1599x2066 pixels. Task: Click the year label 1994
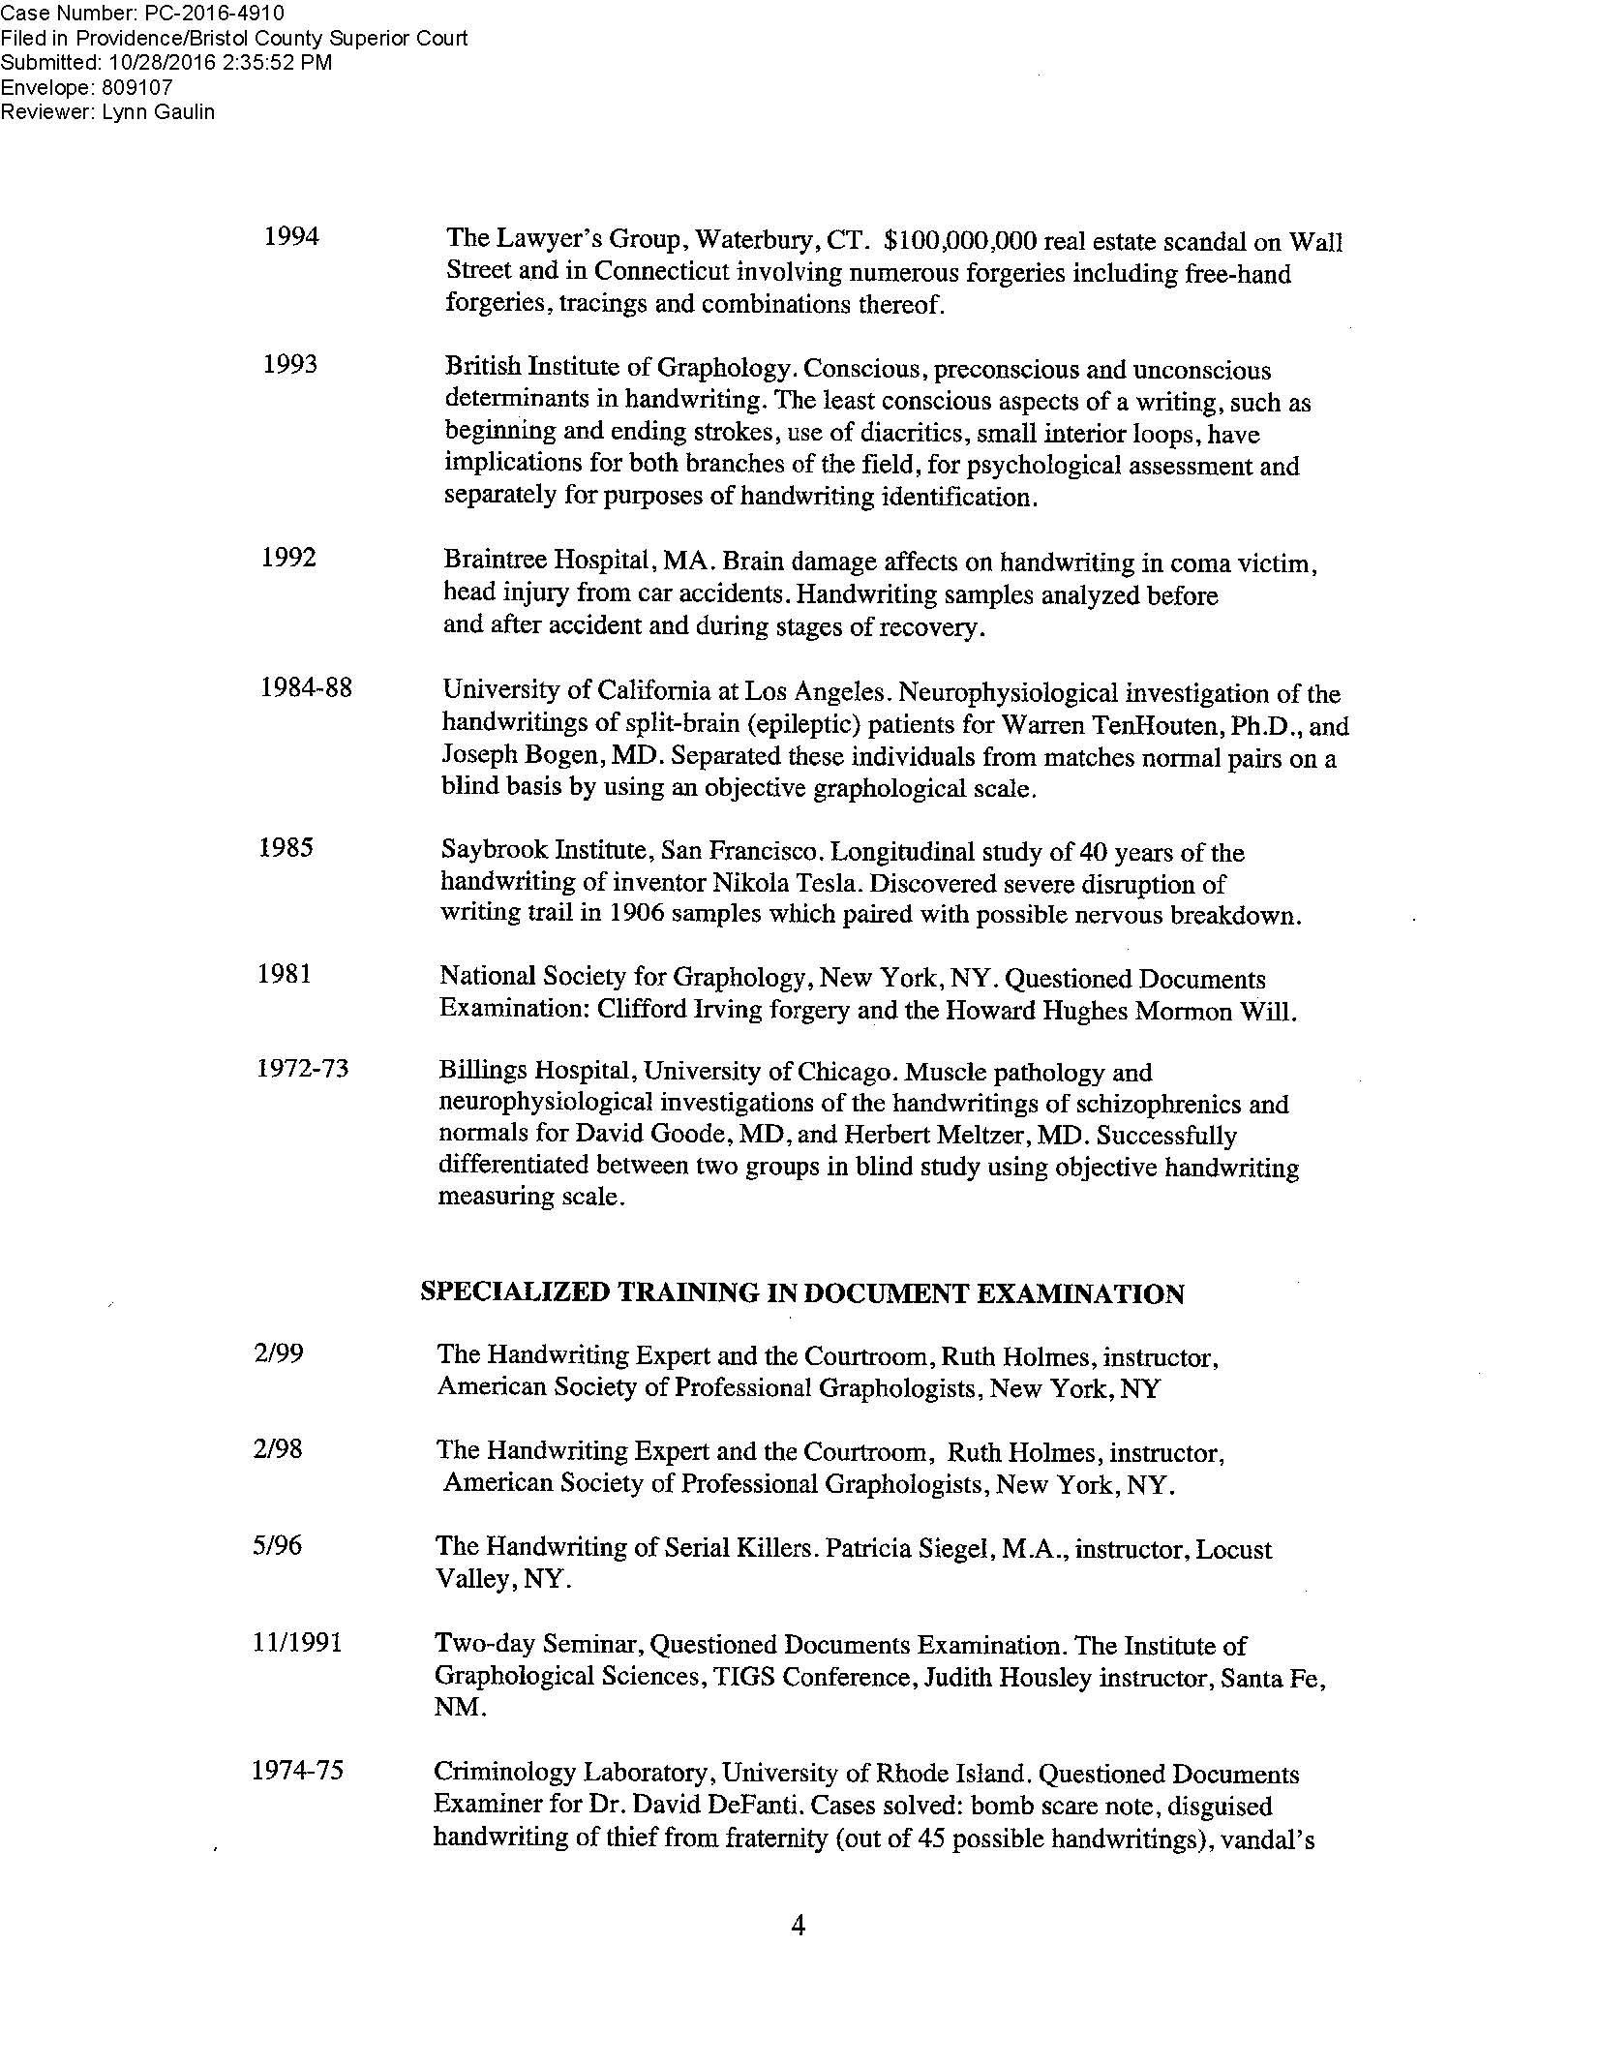point(291,236)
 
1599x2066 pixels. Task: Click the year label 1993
point(290,364)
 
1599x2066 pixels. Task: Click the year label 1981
point(286,973)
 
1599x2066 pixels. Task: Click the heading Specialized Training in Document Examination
point(801,1293)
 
